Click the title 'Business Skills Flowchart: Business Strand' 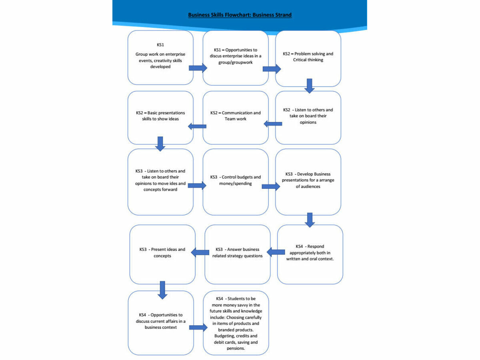240,15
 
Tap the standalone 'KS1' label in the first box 160,45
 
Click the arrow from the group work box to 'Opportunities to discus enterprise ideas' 198,68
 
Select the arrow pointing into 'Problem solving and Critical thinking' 272,69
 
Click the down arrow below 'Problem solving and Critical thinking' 310,86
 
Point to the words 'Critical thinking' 308,60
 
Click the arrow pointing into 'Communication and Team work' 273,124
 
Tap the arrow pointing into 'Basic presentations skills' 197,126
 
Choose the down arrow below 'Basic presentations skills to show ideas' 160,144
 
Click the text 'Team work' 235,119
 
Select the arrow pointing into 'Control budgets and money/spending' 197,186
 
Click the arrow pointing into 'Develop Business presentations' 271,186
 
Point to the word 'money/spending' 235,184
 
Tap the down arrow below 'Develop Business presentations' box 310,220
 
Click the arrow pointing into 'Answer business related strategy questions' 276,252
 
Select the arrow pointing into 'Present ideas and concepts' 200,252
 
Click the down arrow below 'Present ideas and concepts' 162,290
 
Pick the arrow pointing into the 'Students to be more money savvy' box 198,328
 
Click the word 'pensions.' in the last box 236,348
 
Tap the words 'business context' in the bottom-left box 161,328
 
